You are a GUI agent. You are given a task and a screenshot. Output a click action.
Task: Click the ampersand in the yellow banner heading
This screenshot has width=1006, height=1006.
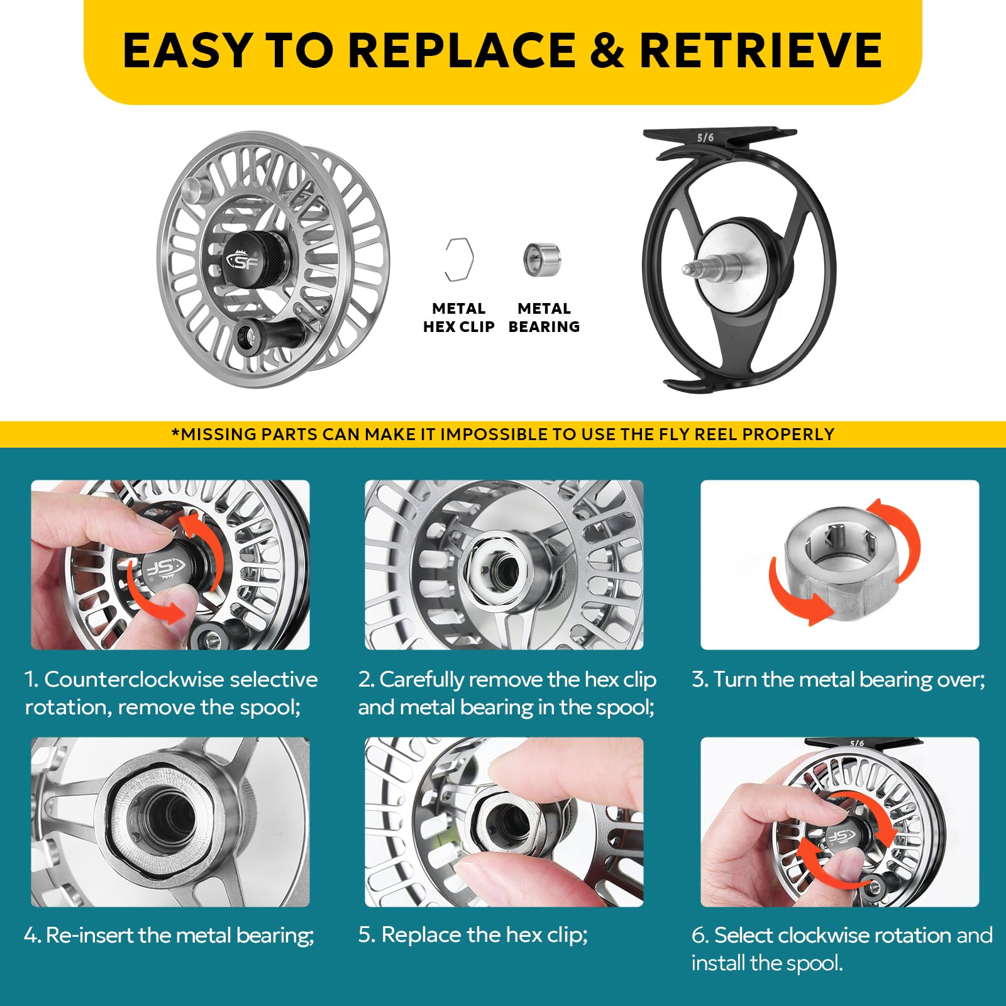(607, 50)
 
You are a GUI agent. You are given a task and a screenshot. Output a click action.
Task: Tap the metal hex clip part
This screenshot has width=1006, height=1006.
(458, 260)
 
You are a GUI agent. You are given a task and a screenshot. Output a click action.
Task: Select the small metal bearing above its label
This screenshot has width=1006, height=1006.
(541, 259)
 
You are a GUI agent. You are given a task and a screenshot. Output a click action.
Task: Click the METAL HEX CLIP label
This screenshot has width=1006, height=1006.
(458, 318)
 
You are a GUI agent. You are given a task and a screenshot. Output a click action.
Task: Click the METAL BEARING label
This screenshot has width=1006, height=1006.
(544, 318)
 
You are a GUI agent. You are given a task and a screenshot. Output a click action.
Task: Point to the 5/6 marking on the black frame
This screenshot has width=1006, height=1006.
(705, 138)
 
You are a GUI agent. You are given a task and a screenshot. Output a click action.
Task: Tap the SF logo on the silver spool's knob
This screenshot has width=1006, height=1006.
(241, 260)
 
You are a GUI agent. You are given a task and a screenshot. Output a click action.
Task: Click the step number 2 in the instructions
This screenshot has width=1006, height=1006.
(366, 680)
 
